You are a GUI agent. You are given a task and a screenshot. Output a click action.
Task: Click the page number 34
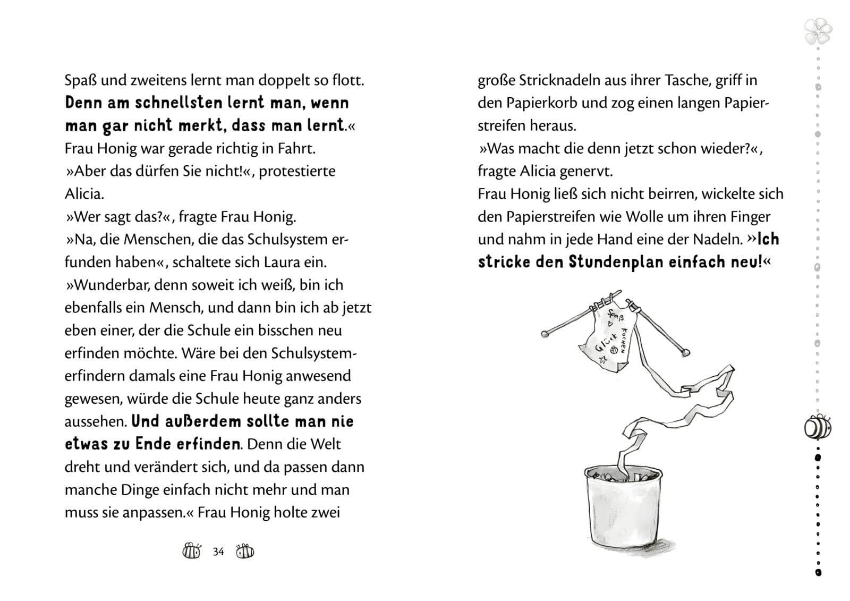pyautogui.click(x=218, y=552)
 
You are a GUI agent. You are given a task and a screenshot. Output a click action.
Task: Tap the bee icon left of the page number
pyautogui.click(x=192, y=551)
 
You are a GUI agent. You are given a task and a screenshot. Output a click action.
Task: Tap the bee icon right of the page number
pyautogui.click(x=245, y=551)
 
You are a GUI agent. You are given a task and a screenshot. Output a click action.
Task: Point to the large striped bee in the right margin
pyautogui.click(x=818, y=427)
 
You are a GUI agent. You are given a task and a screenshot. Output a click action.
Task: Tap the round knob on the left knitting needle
pyautogui.click(x=545, y=334)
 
